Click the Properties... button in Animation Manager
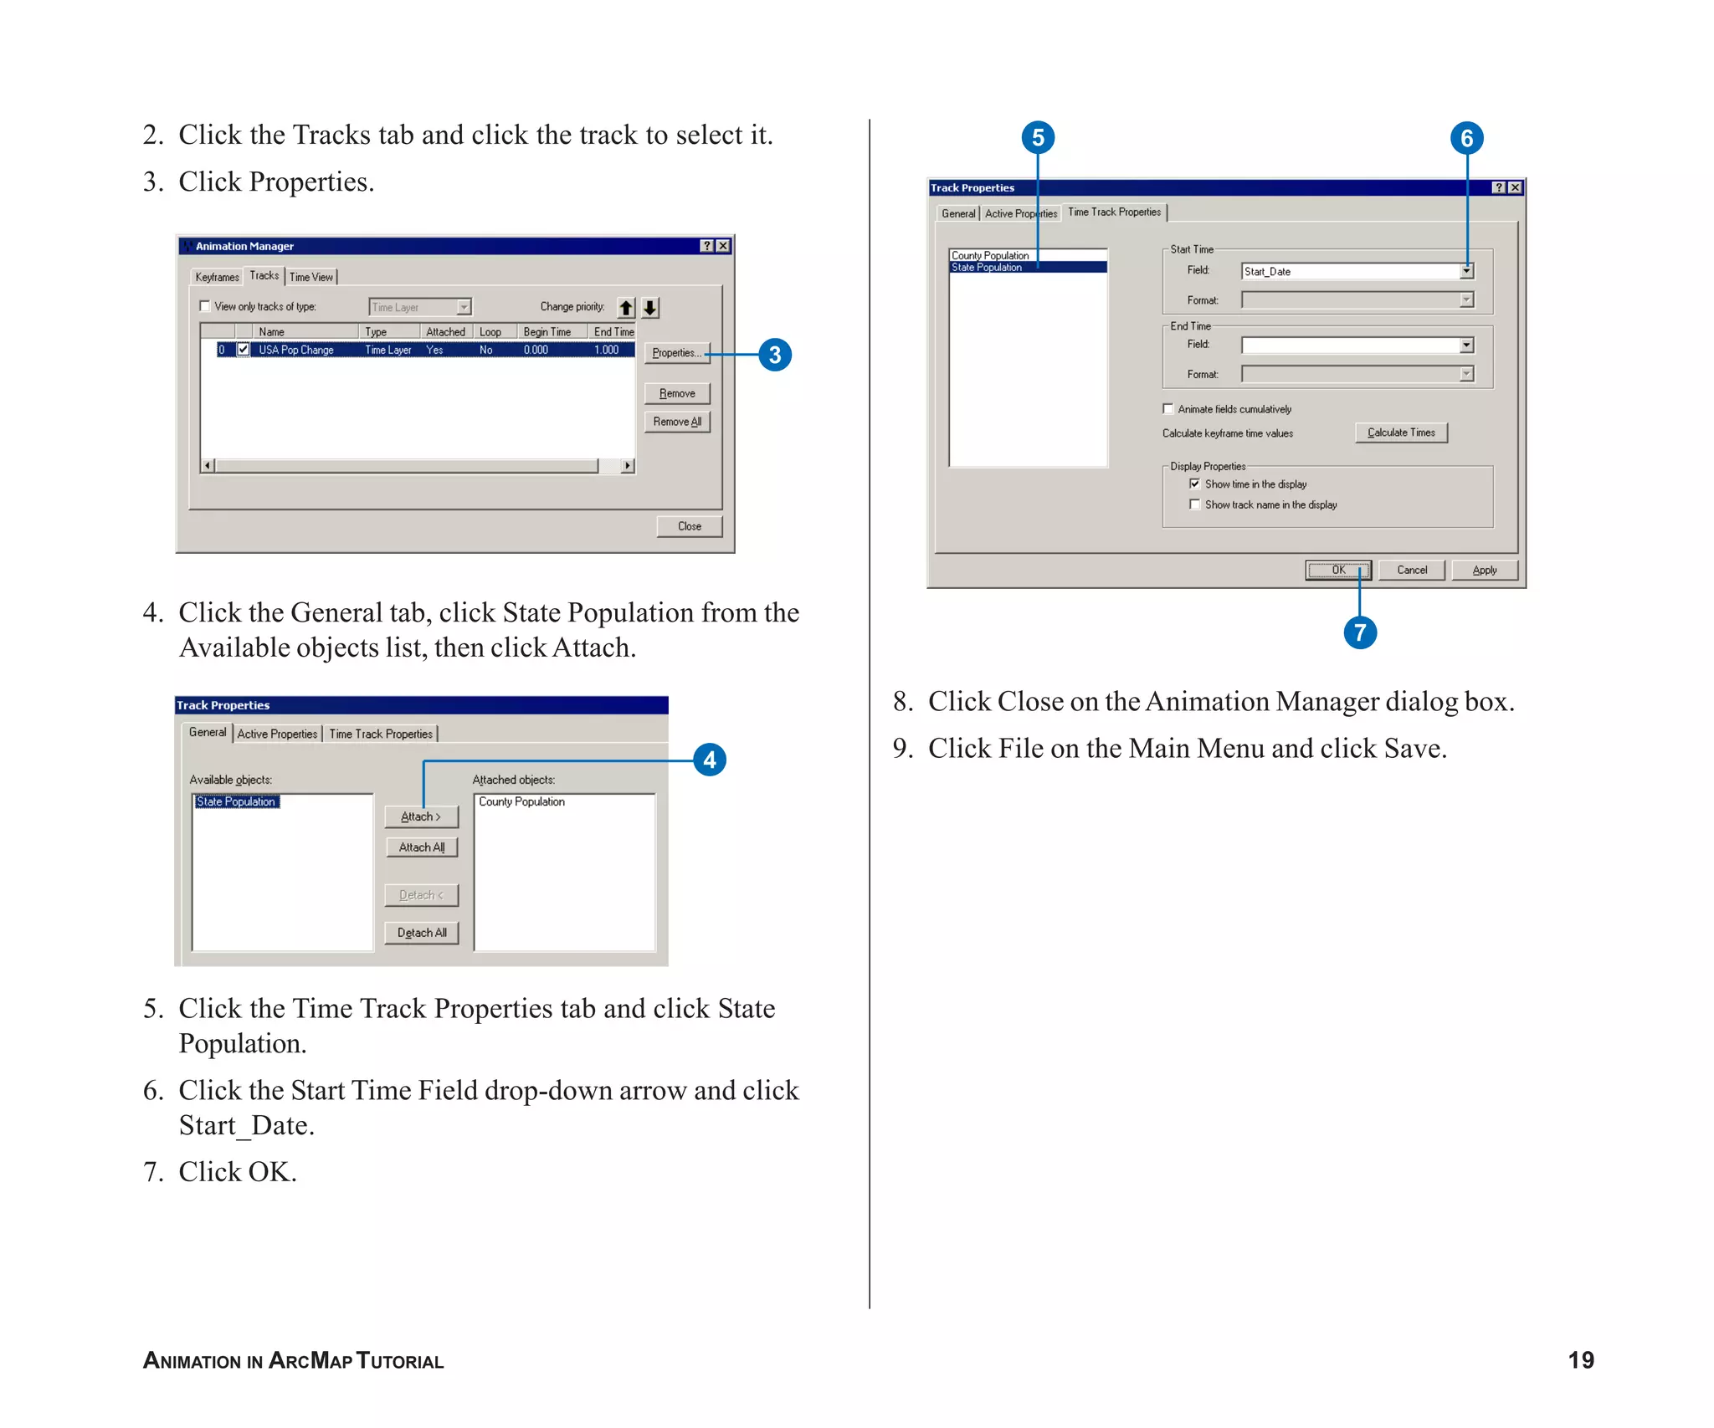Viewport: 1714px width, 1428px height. [676, 353]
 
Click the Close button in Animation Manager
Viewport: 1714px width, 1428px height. [689, 526]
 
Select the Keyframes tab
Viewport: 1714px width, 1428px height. [217, 277]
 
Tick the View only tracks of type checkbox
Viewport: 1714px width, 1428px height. [205, 306]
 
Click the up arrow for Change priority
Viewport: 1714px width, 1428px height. [626, 308]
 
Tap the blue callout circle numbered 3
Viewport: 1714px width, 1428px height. [775, 355]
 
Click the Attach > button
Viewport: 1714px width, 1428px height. [421, 816]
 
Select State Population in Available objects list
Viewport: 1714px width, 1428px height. [236, 801]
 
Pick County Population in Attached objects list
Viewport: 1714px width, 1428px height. [521, 801]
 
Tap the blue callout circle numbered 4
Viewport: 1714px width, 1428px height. [710, 760]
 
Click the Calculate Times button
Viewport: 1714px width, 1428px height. [1401, 432]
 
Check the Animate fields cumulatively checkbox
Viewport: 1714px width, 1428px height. [1168, 409]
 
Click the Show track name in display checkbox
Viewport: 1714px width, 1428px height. [1195, 504]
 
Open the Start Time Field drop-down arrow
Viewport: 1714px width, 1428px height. [1466, 271]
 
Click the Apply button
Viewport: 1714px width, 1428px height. [1484, 571]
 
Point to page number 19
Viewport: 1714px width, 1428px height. [1580, 1360]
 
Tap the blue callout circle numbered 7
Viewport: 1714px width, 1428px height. [1360, 632]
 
